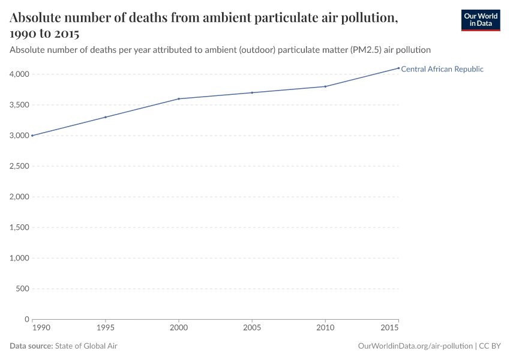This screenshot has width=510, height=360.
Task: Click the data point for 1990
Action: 32,136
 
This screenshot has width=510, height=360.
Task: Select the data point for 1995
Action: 106,117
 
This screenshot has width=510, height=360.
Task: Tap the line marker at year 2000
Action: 179,98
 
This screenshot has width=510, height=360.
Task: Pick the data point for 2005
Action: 252,92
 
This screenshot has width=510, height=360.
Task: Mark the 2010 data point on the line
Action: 325,86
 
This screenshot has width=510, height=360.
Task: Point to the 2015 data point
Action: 398,68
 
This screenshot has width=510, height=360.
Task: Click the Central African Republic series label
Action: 442,69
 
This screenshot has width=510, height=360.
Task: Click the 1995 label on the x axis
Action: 106,328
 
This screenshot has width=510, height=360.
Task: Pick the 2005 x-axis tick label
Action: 252,328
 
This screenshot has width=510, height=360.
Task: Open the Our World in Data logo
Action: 480,20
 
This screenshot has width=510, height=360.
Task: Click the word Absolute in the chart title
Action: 38,18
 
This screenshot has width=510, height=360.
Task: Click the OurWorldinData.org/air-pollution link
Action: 415,346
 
